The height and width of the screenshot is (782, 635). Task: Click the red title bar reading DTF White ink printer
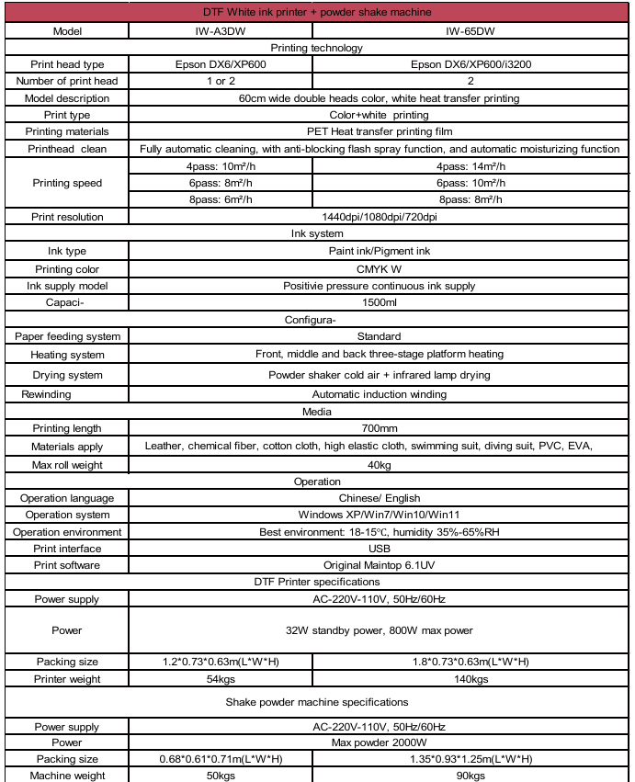pos(316,12)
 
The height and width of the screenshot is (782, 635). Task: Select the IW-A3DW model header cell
pos(220,30)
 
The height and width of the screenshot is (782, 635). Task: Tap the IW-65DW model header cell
pos(471,30)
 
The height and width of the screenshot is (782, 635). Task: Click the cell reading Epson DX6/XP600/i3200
pos(471,64)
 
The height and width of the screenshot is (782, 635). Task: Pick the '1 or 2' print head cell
pos(220,81)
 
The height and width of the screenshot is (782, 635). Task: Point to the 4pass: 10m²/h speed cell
pos(220,166)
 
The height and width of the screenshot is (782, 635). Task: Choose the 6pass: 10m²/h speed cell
pos(471,183)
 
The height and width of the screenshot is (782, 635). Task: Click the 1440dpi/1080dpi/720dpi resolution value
pos(379,217)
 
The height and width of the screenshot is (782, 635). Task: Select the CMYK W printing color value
pos(379,269)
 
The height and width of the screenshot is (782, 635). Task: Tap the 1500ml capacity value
pos(379,302)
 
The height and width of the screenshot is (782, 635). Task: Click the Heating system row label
pos(67,354)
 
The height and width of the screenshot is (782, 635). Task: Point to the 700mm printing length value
pos(379,428)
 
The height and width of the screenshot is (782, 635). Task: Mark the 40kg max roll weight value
pos(379,464)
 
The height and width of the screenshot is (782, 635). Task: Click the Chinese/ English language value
pos(379,498)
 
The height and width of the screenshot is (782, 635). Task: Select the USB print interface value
pos(379,549)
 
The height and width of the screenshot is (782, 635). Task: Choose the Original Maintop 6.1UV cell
pos(379,565)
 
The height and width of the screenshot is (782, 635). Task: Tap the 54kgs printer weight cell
pos(220,679)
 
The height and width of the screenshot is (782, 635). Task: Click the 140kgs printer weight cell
pos(471,679)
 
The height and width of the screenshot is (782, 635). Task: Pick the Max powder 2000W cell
pos(379,742)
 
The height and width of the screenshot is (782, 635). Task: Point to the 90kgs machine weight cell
pos(471,776)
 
